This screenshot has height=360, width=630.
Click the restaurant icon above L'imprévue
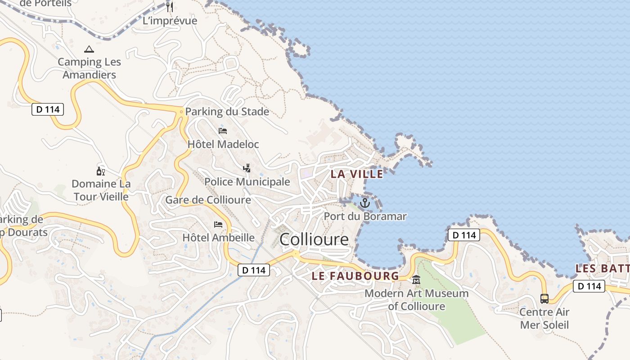pos(170,7)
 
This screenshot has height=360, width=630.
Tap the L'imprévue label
pos(170,21)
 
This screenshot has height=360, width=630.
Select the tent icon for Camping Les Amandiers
pos(89,49)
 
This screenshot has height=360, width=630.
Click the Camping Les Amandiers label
pos(90,68)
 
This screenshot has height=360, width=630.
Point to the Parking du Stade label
pos(227,112)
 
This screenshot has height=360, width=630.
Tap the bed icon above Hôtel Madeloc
pos(223,131)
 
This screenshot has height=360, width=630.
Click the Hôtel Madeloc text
pos(223,144)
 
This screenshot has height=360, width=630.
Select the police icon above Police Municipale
pos(247,168)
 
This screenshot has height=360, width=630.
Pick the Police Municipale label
pos(247,181)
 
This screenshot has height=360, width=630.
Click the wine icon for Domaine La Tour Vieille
pos(101,171)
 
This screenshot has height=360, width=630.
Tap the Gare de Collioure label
pos(208,200)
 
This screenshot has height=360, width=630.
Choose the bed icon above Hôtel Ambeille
pos(218,224)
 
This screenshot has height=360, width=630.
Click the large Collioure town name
pos(314,239)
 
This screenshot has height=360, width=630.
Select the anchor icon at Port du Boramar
pos(365,203)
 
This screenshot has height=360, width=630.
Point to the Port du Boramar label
pos(365,216)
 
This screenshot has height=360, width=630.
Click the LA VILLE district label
pos(357,174)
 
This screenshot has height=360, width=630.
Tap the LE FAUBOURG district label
pos(355,276)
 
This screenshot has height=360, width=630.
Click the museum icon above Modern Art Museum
pos(416,280)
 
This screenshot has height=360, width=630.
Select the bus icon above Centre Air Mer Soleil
pos(544,298)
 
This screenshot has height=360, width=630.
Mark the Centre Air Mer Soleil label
pos(544,318)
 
